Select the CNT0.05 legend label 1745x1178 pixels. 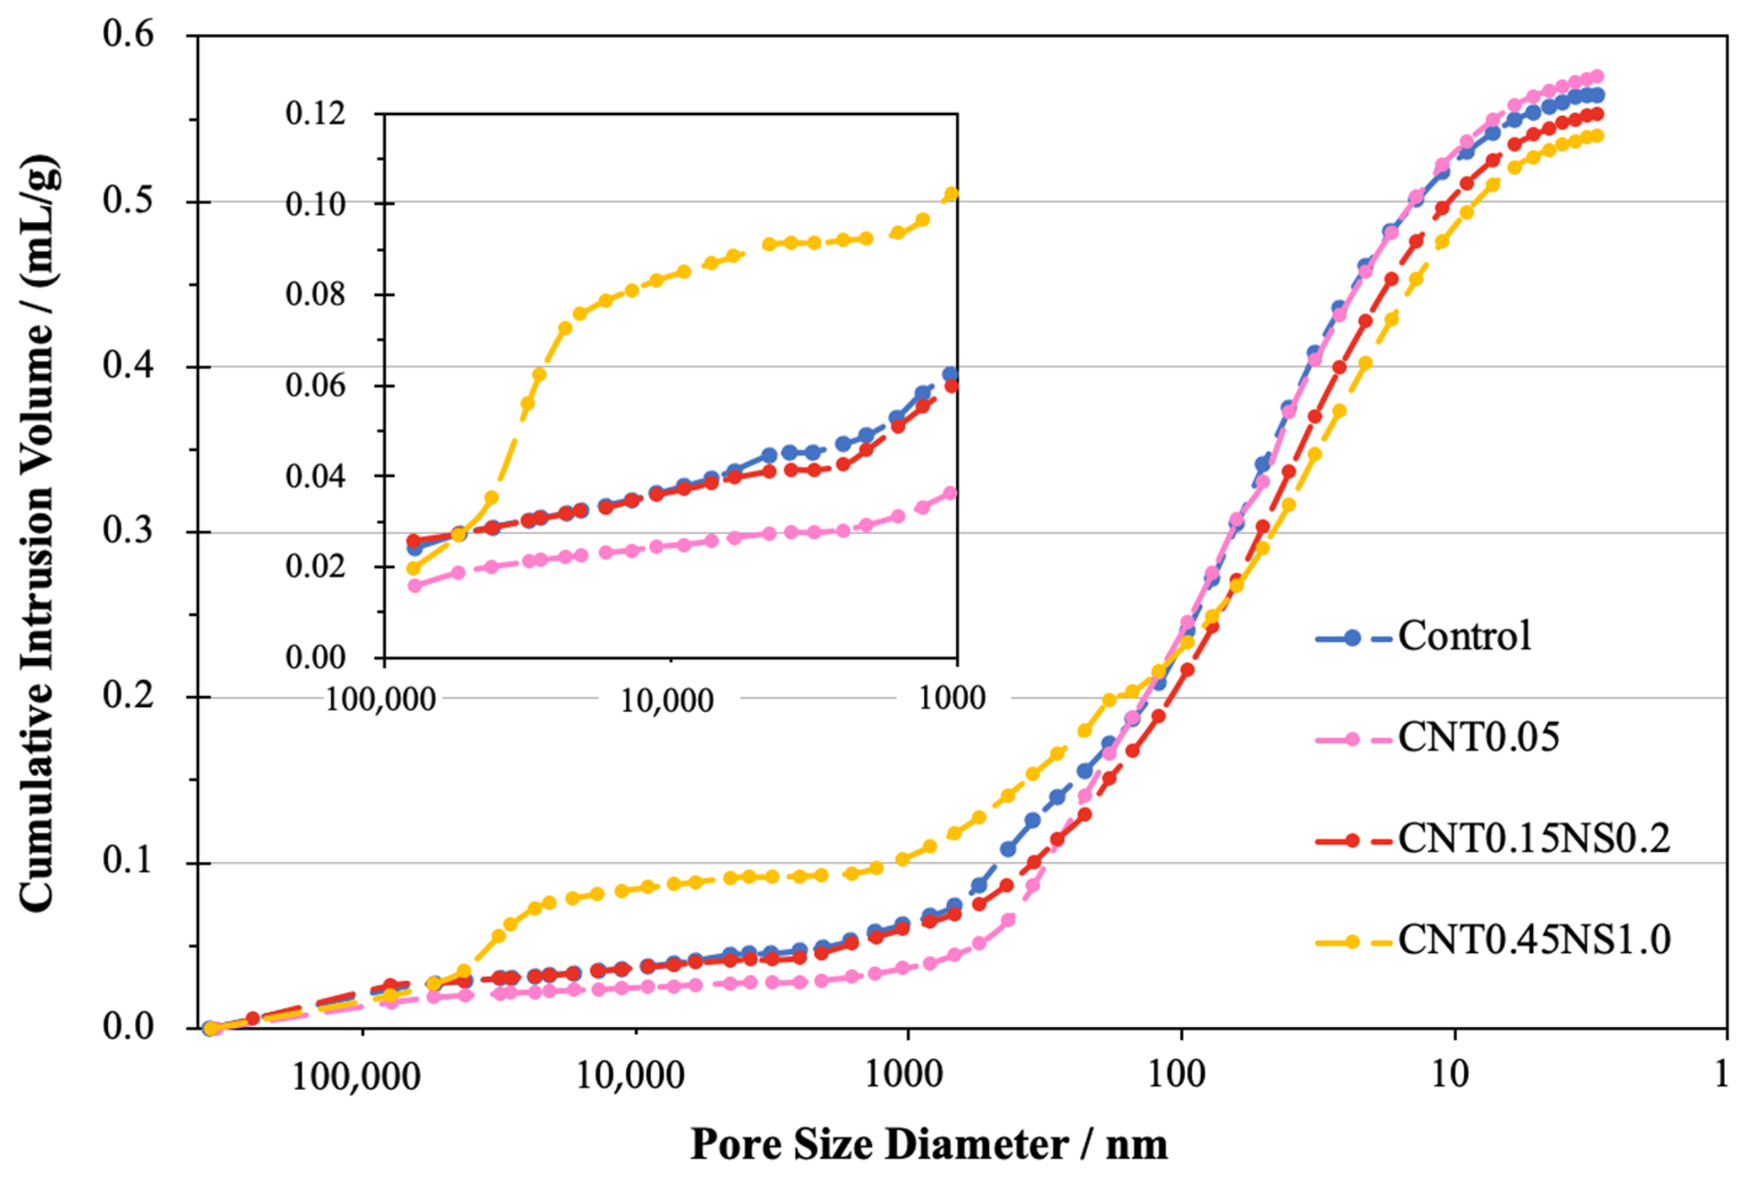1478,738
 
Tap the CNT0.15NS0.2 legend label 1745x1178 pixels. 1533,839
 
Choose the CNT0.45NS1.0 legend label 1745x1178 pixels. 1533,939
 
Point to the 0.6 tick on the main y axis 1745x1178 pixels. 129,35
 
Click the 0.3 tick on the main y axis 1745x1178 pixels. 129,531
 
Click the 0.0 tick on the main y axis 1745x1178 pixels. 129,1027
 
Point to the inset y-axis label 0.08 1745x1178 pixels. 315,294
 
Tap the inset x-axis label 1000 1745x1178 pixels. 952,699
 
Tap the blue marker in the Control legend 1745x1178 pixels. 1352,638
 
